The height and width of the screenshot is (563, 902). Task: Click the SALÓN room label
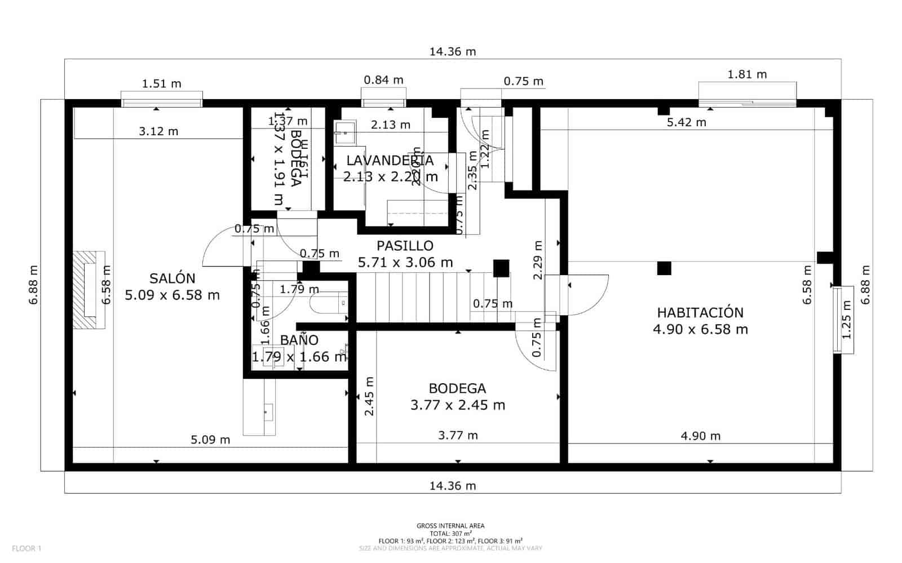(x=173, y=278)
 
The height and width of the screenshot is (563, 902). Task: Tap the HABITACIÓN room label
(x=700, y=313)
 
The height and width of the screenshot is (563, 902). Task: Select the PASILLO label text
(x=405, y=246)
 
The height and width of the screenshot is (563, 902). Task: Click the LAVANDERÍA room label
(x=390, y=161)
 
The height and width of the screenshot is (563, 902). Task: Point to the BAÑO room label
(x=299, y=340)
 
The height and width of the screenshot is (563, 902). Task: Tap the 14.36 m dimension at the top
(x=453, y=52)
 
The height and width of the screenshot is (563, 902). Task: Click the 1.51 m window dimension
(x=161, y=84)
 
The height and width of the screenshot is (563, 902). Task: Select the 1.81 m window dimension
(x=747, y=74)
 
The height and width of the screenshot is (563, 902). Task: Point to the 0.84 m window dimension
(x=383, y=80)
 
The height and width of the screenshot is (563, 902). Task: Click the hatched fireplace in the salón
(x=89, y=290)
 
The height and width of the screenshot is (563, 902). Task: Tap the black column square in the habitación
(x=664, y=268)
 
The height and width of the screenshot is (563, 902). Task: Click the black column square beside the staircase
(x=501, y=268)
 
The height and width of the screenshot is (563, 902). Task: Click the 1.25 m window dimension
(x=846, y=320)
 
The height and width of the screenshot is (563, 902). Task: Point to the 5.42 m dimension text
(x=686, y=122)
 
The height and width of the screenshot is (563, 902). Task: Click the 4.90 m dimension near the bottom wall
(x=700, y=436)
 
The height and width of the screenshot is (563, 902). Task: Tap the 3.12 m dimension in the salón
(x=158, y=131)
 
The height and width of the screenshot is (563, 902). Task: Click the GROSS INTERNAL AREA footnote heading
(x=450, y=526)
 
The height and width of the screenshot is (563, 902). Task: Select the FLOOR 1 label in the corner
(x=26, y=548)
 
